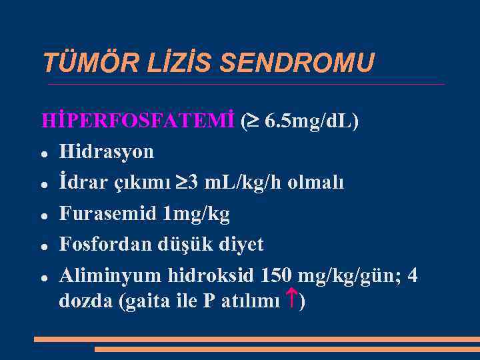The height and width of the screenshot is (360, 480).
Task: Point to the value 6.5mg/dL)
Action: pyautogui.click(x=311, y=121)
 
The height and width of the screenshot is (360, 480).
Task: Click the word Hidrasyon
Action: pyautogui.click(x=106, y=152)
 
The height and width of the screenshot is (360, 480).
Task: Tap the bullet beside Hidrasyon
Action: pyautogui.click(x=43, y=153)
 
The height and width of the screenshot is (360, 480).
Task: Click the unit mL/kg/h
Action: pyautogui.click(x=245, y=183)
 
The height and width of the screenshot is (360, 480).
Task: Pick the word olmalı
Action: pyautogui.click(x=316, y=183)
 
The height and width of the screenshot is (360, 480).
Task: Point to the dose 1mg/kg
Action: pyautogui.click(x=196, y=214)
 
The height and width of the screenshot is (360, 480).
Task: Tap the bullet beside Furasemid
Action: pyautogui.click(x=43, y=215)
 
